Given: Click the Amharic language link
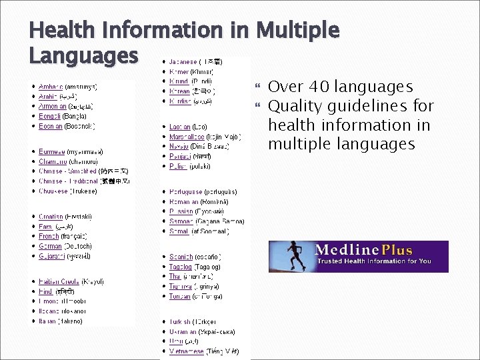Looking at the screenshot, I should coord(51,87).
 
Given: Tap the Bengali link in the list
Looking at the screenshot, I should coord(50,116).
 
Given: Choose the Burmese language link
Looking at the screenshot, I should coord(51,151).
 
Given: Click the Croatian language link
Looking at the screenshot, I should coord(51,217).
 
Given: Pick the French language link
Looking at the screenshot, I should coord(49,236).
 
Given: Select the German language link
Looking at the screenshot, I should coord(51,246).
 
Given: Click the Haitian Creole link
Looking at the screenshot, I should coord(59,281).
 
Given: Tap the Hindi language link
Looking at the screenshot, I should coord(46,291).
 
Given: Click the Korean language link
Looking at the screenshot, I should coord(180,91).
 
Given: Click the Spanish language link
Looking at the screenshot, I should coord(181,257).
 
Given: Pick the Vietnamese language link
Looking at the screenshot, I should coord(186,351).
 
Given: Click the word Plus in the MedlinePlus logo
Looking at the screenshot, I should coord(397,251).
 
